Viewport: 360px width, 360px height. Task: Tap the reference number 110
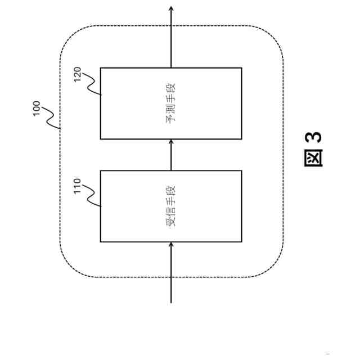(78, 186)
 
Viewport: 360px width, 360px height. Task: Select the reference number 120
(78, 75)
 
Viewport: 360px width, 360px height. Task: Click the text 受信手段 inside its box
(171, 206)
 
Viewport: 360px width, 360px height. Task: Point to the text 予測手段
(171, 103)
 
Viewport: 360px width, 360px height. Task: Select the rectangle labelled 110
(141, 225)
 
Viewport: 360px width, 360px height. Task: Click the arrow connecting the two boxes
(171, 155)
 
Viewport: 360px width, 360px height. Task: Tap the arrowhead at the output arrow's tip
(171, 8)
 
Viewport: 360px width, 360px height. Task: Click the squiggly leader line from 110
(92, 198)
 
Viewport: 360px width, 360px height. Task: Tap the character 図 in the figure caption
(314, 158)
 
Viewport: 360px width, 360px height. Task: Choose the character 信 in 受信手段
(171, 211)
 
